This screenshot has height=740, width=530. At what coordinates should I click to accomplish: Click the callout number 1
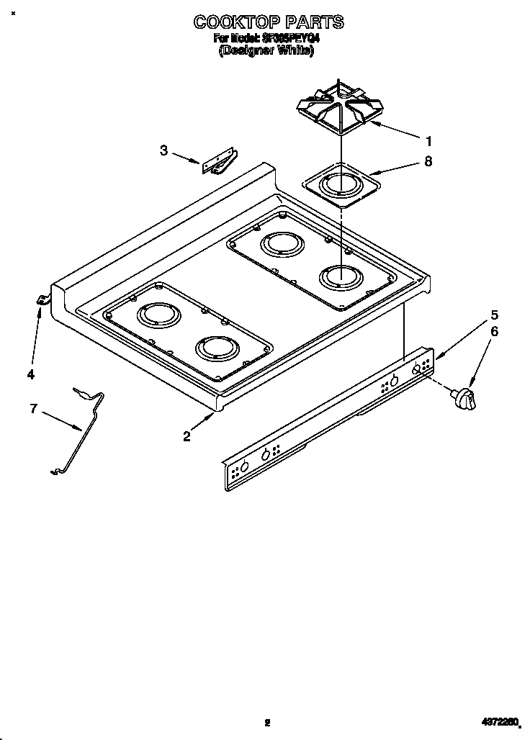point(428,140)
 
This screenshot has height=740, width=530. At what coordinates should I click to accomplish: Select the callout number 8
point(428,162)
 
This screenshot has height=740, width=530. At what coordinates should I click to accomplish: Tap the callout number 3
point(163,150)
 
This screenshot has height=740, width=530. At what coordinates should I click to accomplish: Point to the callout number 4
point(30,374)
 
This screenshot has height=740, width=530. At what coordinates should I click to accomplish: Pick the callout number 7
point(33,408)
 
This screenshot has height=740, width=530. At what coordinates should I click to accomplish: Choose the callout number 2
point(187,436)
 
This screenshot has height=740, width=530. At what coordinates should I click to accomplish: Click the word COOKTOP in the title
point(229,22)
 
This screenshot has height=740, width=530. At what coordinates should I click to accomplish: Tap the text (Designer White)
point(266,51)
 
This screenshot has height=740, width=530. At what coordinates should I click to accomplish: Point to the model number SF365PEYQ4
point(287,39)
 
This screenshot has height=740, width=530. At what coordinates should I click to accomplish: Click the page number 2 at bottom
point(266,722)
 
